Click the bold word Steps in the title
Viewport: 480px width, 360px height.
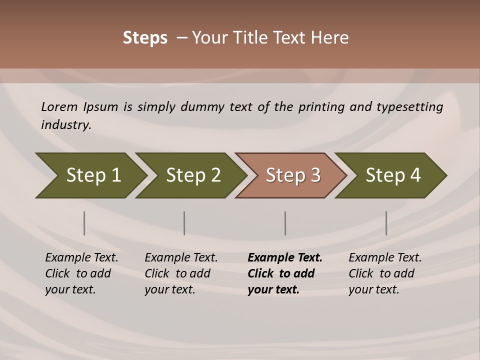[x=145, y=38]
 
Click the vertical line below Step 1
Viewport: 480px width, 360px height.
[x=84, y=223]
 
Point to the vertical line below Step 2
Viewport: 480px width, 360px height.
[x=184, y=223]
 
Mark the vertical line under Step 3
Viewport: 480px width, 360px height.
[x=285, y=223]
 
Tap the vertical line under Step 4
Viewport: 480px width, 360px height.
[x=386, y=223]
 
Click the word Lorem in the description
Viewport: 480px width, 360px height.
[x=59, y=106]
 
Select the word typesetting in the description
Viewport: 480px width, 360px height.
[x=409, y=107]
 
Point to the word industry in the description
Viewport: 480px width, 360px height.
[x=65, y=124]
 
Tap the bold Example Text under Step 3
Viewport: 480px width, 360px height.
[x=285, y=257]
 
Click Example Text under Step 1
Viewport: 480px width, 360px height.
[x=81, y=257]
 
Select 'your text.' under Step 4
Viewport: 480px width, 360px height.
[x=373, y=289]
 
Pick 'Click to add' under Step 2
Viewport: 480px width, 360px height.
[x=177, y=273]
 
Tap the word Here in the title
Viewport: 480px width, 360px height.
[x=329, y=38]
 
